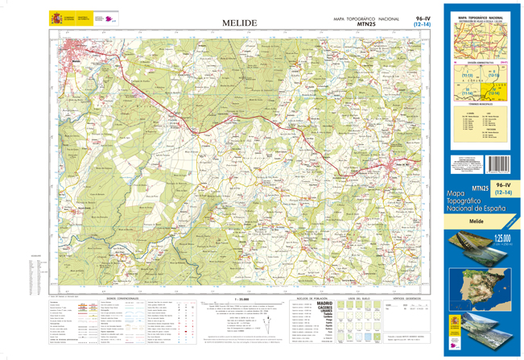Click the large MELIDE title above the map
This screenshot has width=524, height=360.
(x=239, y=23)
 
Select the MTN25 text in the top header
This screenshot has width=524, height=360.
(x=366, y=25)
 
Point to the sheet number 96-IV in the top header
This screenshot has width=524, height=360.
(x=423, y=18)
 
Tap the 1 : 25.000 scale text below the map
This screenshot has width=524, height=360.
(x=239, y=296)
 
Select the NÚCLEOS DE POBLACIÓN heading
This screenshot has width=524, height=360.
(x=308, y=296)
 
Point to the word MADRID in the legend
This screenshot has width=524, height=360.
(x=324, y=303)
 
